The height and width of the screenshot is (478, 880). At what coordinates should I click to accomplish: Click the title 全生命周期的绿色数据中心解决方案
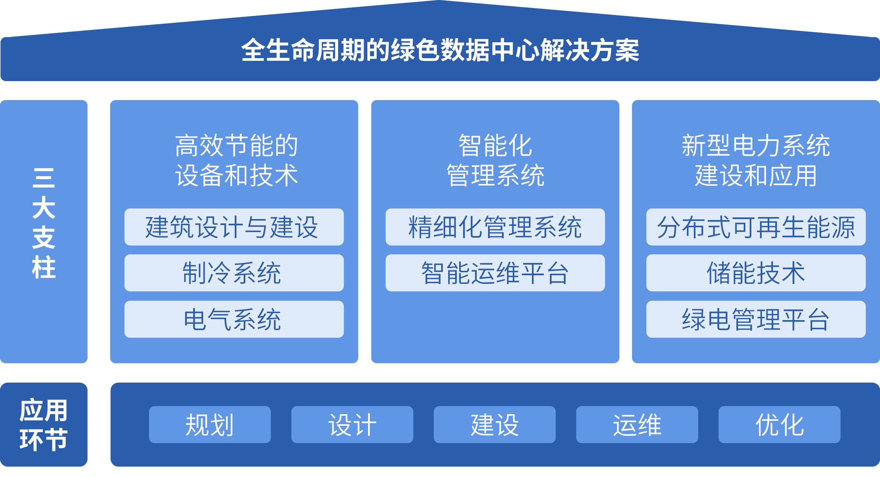(440, 50)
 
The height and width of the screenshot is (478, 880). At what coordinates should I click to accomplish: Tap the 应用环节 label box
(44, 424)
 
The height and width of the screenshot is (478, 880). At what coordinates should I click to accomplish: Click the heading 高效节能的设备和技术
(236, 160)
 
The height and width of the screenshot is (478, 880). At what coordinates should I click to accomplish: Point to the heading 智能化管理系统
(495, 160)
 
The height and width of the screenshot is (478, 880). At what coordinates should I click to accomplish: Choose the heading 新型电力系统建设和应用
(756, 160)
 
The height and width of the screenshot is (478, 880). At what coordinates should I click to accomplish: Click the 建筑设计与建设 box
(234, 227)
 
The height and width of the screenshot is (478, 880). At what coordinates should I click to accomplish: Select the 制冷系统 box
(234, 273)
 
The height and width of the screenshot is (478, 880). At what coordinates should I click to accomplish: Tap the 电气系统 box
(234, 319)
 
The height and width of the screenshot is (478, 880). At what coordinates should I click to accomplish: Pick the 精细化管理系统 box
(495, 227)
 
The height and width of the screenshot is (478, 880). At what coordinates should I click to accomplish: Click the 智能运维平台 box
(495, 273)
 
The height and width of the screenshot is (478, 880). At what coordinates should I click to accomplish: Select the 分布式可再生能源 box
(756, 227)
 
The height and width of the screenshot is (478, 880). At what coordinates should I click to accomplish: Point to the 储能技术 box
(756, 273)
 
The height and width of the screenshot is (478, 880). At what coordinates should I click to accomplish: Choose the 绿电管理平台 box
(756, 319)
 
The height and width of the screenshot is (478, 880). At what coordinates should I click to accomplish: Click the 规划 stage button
(210, 424)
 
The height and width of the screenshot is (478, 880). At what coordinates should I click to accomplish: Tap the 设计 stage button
(352, 424)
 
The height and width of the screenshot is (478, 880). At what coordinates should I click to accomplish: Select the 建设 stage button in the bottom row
(495, 424)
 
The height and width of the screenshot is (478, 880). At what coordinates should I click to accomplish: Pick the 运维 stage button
(637, 424)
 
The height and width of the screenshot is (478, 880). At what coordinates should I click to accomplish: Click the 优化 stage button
(779, 424)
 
